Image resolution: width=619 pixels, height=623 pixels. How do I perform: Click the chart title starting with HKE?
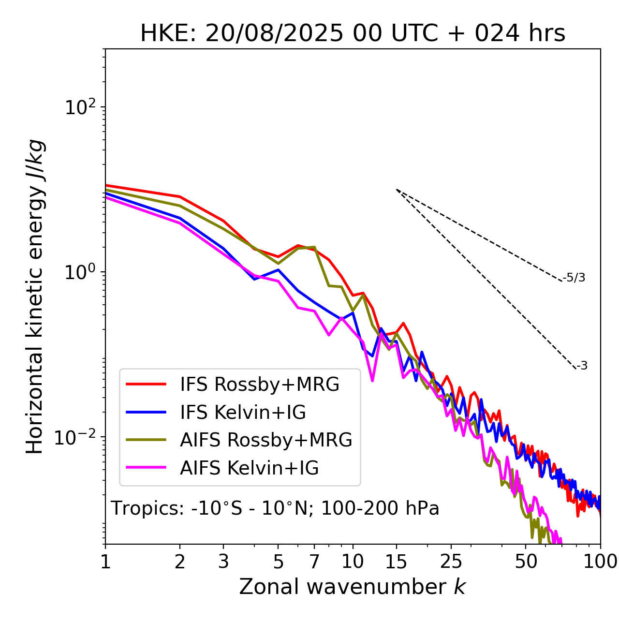point(353,34)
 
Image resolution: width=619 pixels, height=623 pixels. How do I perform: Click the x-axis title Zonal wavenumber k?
point(352,587)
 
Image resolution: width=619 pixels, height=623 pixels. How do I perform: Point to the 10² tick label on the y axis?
point(79,107)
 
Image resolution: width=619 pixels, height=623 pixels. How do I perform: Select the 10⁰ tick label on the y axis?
point(79,272)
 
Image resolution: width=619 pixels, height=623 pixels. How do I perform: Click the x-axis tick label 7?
point(314,562)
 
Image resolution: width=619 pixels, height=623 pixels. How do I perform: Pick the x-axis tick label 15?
point(396,562)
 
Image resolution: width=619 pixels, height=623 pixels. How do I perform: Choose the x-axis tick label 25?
point(451,562)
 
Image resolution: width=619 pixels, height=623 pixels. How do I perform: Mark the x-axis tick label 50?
point(526,562)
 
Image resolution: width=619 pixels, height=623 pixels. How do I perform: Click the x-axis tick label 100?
point(600,562)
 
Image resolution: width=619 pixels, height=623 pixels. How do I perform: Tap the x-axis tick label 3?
point(224,562)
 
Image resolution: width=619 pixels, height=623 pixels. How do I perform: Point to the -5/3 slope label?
point(574,278)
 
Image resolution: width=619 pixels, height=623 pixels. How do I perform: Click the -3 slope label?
point(582,366)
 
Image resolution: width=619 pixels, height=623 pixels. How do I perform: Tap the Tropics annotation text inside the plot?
point(275,509)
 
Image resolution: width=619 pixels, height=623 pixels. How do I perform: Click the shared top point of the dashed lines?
point(397,189)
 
